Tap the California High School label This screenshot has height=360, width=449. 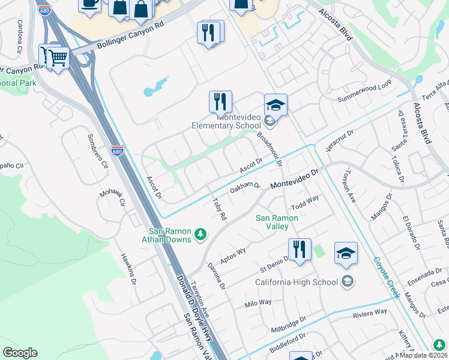click(x=297, y=282)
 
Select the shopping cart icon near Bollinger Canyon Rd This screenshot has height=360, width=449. click(x=58, y=59)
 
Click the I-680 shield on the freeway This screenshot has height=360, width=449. click(x=117, y=150)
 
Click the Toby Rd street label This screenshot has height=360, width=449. click(x=219, y=208)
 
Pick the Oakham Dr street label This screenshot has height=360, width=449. click(x=245, y=188)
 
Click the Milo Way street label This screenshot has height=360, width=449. click(x=258, y=304)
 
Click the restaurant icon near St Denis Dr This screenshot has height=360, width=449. click(x=300, y=249)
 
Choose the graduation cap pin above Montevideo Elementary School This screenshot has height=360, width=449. click(x=276, y=105)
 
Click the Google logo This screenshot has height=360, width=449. click(x=20, y=353)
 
